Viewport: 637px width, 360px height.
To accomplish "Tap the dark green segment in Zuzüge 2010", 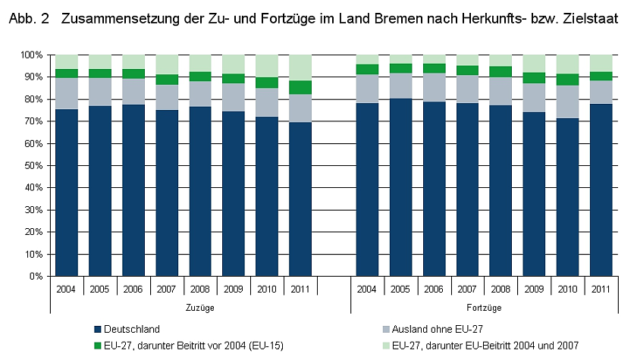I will coord(267,83).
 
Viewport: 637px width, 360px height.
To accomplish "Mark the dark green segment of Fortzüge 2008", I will coord(500,72).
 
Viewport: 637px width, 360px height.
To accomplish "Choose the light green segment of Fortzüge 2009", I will coord(534,63).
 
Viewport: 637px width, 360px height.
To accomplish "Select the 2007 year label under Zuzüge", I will coord(167,289).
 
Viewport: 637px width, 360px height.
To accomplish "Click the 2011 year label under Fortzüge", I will coord(601,289).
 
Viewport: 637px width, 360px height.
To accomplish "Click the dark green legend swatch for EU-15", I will coord(96,345).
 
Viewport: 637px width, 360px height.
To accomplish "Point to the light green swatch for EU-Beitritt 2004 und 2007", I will coord(387,345).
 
